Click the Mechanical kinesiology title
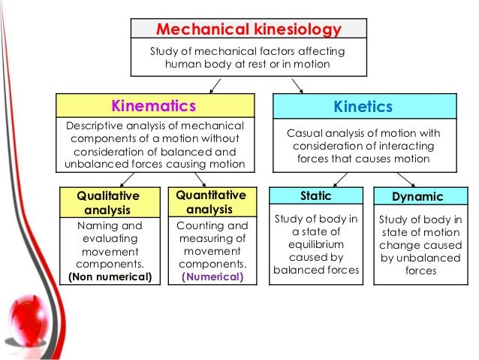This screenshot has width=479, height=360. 249,30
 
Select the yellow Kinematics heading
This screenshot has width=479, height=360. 153,106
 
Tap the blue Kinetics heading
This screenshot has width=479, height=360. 363,107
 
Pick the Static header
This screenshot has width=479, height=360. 315,196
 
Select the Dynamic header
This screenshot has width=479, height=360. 417,197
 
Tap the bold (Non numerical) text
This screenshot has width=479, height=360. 110,277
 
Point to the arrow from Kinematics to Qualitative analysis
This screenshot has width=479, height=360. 125,180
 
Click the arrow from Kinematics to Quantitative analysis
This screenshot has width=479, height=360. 200,180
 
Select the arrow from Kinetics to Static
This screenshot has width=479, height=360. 339,179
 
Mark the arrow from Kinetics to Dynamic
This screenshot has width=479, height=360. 406,179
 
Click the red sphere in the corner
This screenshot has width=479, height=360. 30,316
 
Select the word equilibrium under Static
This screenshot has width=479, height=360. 315,245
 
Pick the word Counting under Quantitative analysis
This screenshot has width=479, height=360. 199,225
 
